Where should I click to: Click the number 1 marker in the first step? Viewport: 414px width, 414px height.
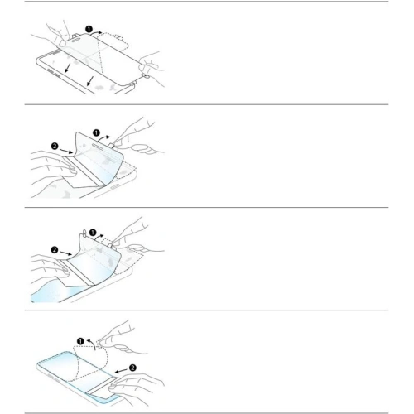point(89,29)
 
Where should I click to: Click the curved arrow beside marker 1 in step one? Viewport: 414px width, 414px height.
point(97,32)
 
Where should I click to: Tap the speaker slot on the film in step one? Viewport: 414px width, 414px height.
point(77,40)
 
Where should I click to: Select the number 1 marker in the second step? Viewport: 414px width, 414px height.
point(96,133)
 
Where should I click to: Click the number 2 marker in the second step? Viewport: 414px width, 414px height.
point(55,146)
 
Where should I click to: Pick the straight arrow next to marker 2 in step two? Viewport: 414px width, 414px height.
point(66,151)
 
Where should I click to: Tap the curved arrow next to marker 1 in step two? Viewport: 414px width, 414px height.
point(105,138)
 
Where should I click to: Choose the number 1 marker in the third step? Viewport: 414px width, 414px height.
point(93,233)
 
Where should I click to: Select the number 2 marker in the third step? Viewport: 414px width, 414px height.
point(55,250)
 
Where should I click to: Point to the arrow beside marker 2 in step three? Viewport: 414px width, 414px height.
point(66,253)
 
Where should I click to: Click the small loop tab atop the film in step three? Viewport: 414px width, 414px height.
point(84,232)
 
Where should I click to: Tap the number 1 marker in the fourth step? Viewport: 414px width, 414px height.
point(80,341)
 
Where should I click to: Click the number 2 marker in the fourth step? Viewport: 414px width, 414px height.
point(132,368)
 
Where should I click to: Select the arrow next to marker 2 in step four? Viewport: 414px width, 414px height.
point(121,371)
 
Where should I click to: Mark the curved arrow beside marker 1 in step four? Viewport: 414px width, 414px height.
point(92,343)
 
